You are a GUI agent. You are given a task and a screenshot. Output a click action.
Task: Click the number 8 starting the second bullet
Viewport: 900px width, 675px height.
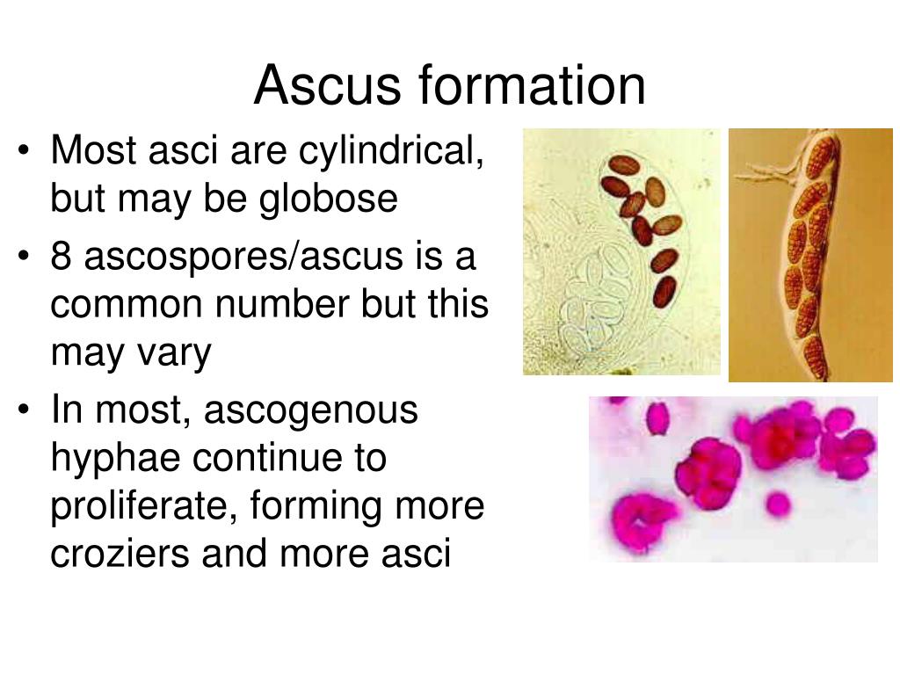tap(62, 257)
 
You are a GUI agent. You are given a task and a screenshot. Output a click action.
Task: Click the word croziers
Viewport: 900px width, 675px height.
tap(120, 555)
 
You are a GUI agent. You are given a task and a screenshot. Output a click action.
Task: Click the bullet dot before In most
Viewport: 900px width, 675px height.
tap(25, 411)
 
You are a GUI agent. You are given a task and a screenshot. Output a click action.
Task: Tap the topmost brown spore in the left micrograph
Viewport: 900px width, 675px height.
tap(623, 165)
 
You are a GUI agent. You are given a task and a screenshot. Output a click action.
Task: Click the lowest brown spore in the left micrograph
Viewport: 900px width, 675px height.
tap(665, 291)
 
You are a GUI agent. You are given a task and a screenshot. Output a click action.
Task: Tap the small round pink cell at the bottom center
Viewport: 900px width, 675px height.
tap(777, 504)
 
